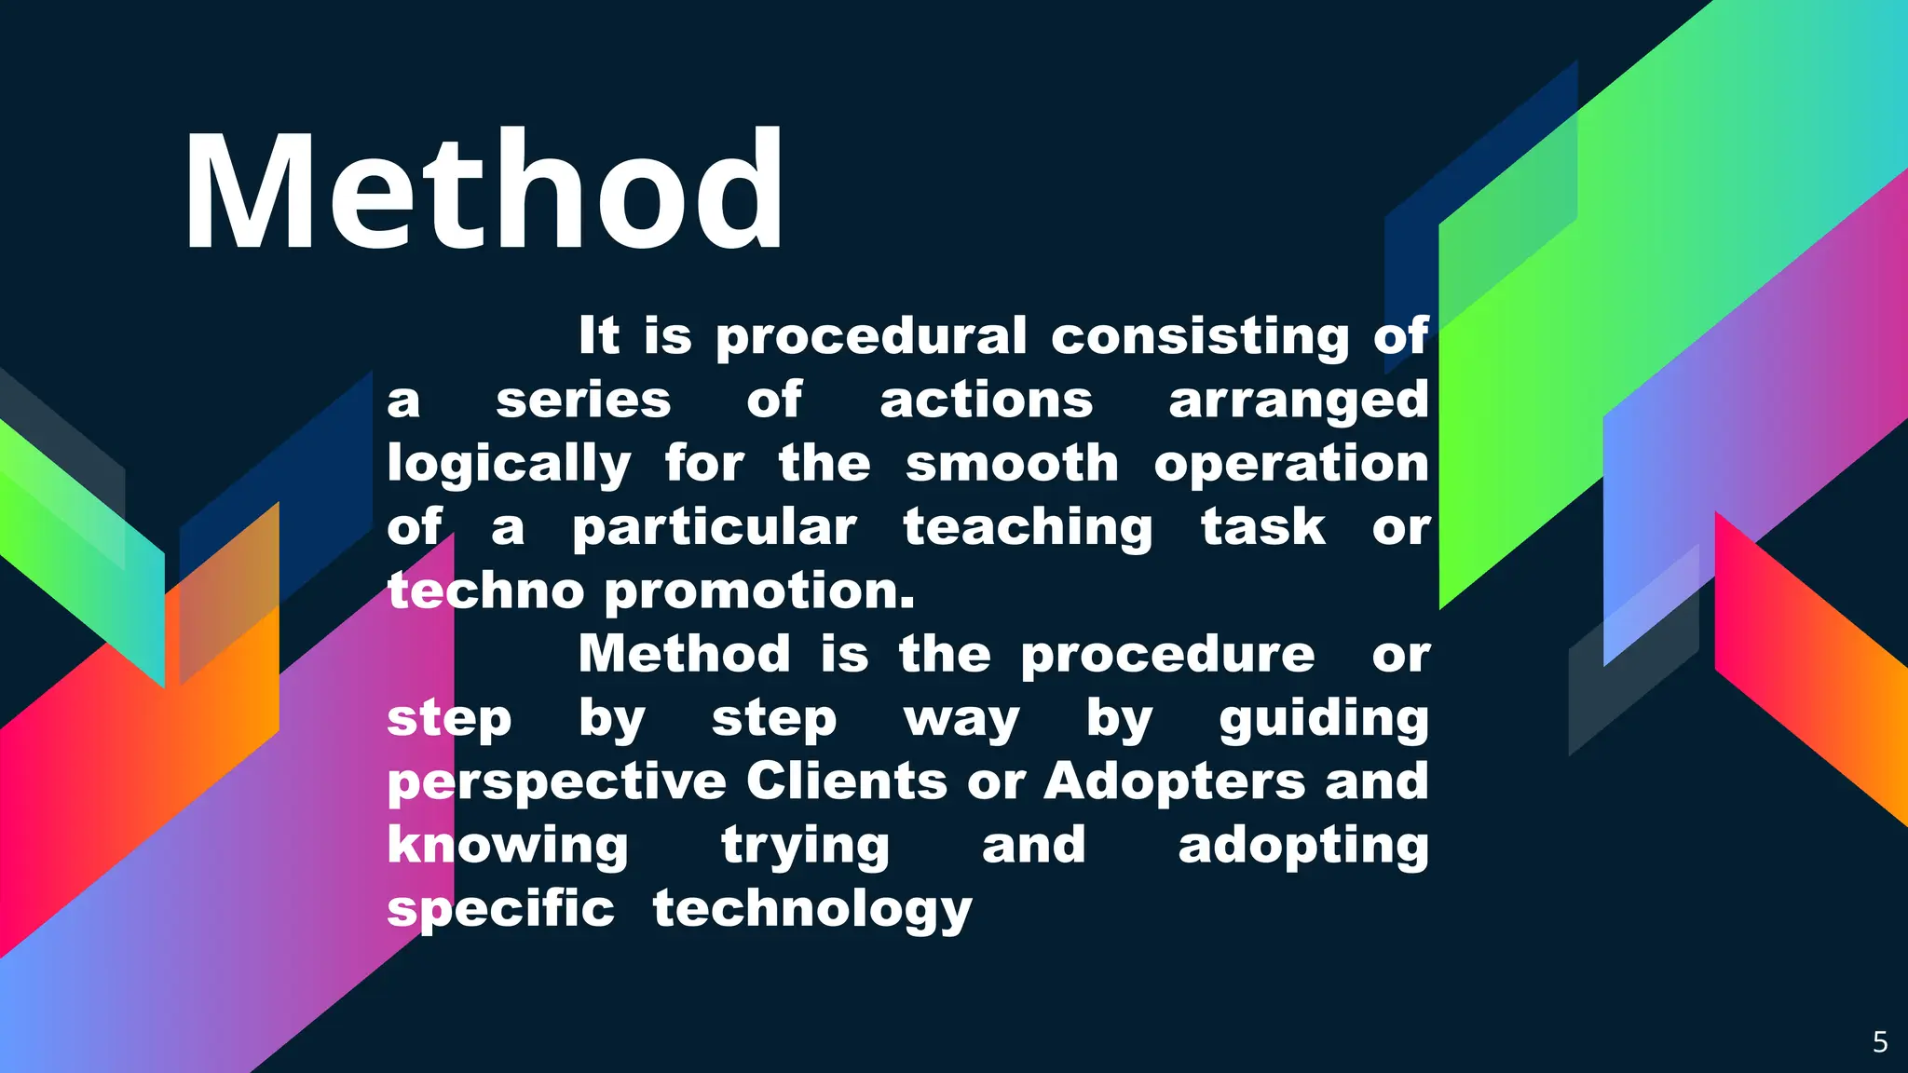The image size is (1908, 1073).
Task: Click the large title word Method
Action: click(484, 191)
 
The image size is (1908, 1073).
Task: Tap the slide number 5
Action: click(1880, 1041)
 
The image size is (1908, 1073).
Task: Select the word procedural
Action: click(871, 336)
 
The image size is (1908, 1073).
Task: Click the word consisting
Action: click(1200, 336)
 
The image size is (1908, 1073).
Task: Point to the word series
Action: click(583, 401)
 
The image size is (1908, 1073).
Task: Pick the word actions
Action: click(986, 401)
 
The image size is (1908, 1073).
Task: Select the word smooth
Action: click(1012, 464)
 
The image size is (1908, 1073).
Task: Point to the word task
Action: click(1262, 528)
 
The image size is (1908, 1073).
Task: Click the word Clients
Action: click(846, 781)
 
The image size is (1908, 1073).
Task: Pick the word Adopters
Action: click(1174, 782)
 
